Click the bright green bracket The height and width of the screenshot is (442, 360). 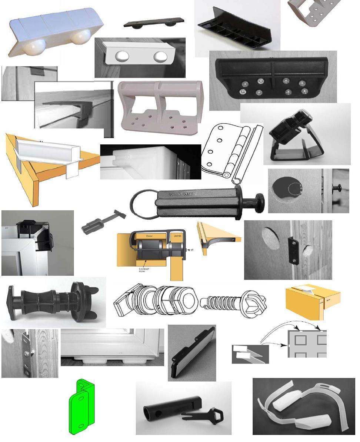tap(81, 407)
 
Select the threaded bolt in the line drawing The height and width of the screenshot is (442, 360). tap(222, 300)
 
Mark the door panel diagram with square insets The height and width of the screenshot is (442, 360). tap(307, 344)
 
